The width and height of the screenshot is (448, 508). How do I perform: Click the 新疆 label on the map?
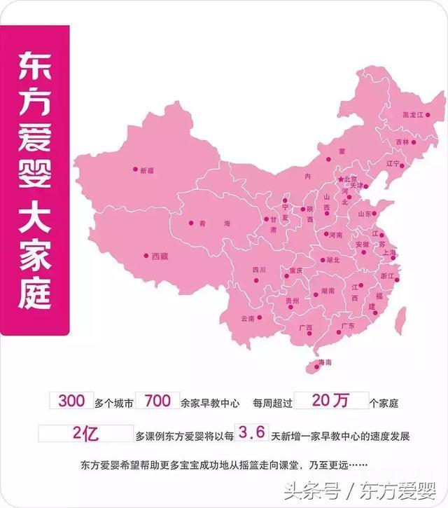[x=146, y=170]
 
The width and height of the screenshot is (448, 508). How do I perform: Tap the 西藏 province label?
[x=160, y=256]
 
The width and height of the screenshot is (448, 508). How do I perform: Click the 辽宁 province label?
[x=393, y=163]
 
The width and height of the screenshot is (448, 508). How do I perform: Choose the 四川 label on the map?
[x=259, y=269]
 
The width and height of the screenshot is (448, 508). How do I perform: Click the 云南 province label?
[x=248, y=318]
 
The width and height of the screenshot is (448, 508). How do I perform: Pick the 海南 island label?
[x=325, y=362]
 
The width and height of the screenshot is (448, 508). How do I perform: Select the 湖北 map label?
[x=332, y=260]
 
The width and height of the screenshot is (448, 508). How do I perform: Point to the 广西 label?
[x=305, y=328]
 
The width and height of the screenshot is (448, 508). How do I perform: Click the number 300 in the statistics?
[x=72, y=401]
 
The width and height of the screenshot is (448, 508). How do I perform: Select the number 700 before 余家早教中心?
[x=157, y=401]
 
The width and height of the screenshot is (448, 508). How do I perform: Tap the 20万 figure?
[x=330, y=401]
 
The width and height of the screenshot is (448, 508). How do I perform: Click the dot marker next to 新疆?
[x=134, y=169]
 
